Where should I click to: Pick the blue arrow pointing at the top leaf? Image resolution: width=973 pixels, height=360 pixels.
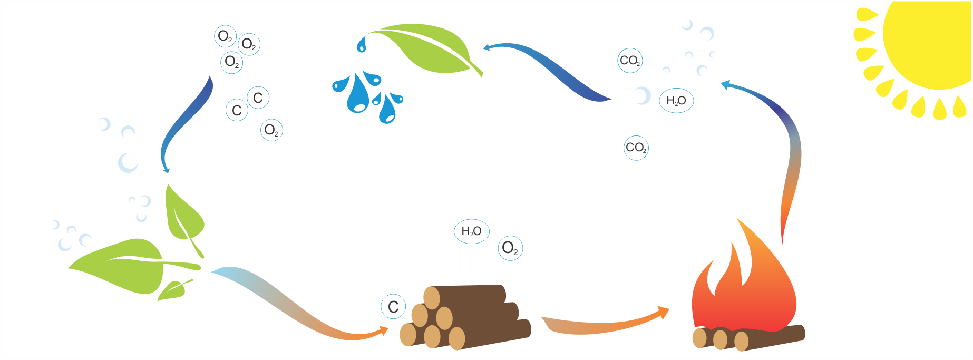tap(553, 69)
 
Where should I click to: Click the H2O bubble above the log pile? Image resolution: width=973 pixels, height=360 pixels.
tap(471, 231)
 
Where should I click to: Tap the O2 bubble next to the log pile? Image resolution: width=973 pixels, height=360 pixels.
tap(510, 248)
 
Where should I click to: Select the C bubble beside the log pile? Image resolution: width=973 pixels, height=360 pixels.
tap(393, 307)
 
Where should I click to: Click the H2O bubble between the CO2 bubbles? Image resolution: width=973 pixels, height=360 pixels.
tap(676, 100)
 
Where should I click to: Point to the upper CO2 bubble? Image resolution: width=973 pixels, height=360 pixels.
tap(630, 61)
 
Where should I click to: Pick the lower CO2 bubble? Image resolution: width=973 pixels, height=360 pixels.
tap(636, 148)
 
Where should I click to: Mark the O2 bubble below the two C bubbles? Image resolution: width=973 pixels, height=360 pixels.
tap(271, 130)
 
